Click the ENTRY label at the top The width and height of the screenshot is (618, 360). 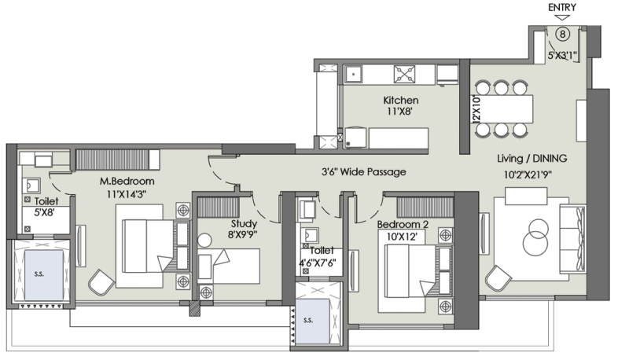(562, 8)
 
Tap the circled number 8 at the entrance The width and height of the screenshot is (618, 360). (562, 35)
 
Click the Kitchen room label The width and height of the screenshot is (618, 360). (401, 100)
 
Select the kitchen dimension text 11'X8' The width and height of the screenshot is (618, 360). (399, 112)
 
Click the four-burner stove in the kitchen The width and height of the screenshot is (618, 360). (404, 74)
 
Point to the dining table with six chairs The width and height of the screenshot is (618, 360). (502, 108)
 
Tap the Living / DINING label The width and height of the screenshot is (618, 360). (532, 158)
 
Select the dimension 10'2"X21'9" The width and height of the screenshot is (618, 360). (528, 174)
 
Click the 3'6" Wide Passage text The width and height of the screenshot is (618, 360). (364, 171)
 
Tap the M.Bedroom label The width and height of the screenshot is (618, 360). (127, 182)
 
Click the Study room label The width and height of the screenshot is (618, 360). (244, 224)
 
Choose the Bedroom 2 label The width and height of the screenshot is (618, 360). (403, 225)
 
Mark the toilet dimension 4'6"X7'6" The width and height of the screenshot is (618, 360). (318, 263)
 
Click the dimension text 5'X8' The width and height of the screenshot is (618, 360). (44, 213)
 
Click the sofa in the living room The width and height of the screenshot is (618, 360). (572, 239)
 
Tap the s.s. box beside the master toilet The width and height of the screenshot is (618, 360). (44, 274)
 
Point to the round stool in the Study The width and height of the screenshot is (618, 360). (204, 240)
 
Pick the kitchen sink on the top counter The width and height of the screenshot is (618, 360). (354, 74)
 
